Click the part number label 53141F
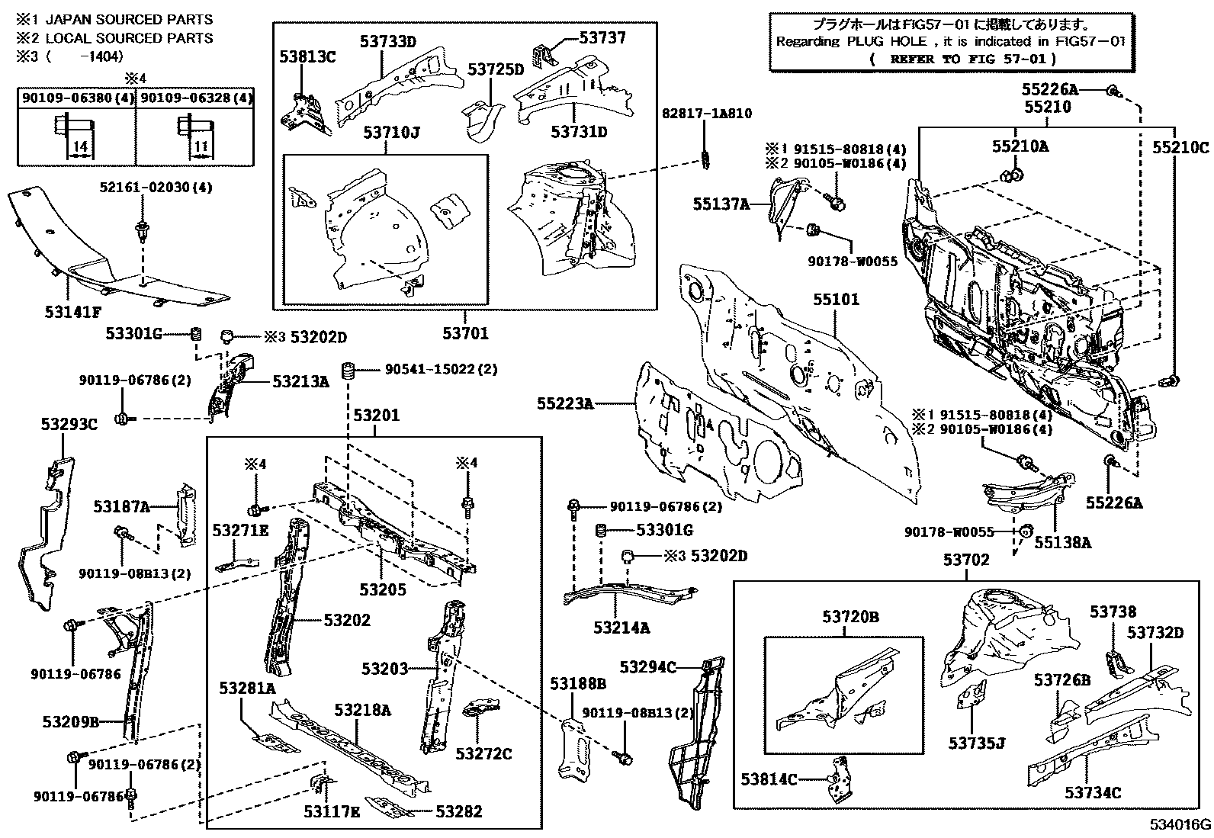73,311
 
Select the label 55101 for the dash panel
835,299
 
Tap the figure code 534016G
1180,825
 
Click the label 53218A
362,710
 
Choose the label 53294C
647,668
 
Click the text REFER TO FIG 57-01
962,59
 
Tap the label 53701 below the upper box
465,333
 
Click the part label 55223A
564,403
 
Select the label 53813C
307,56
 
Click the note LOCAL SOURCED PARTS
129,37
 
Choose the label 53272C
484,754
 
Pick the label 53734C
1093,793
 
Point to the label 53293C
69,425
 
